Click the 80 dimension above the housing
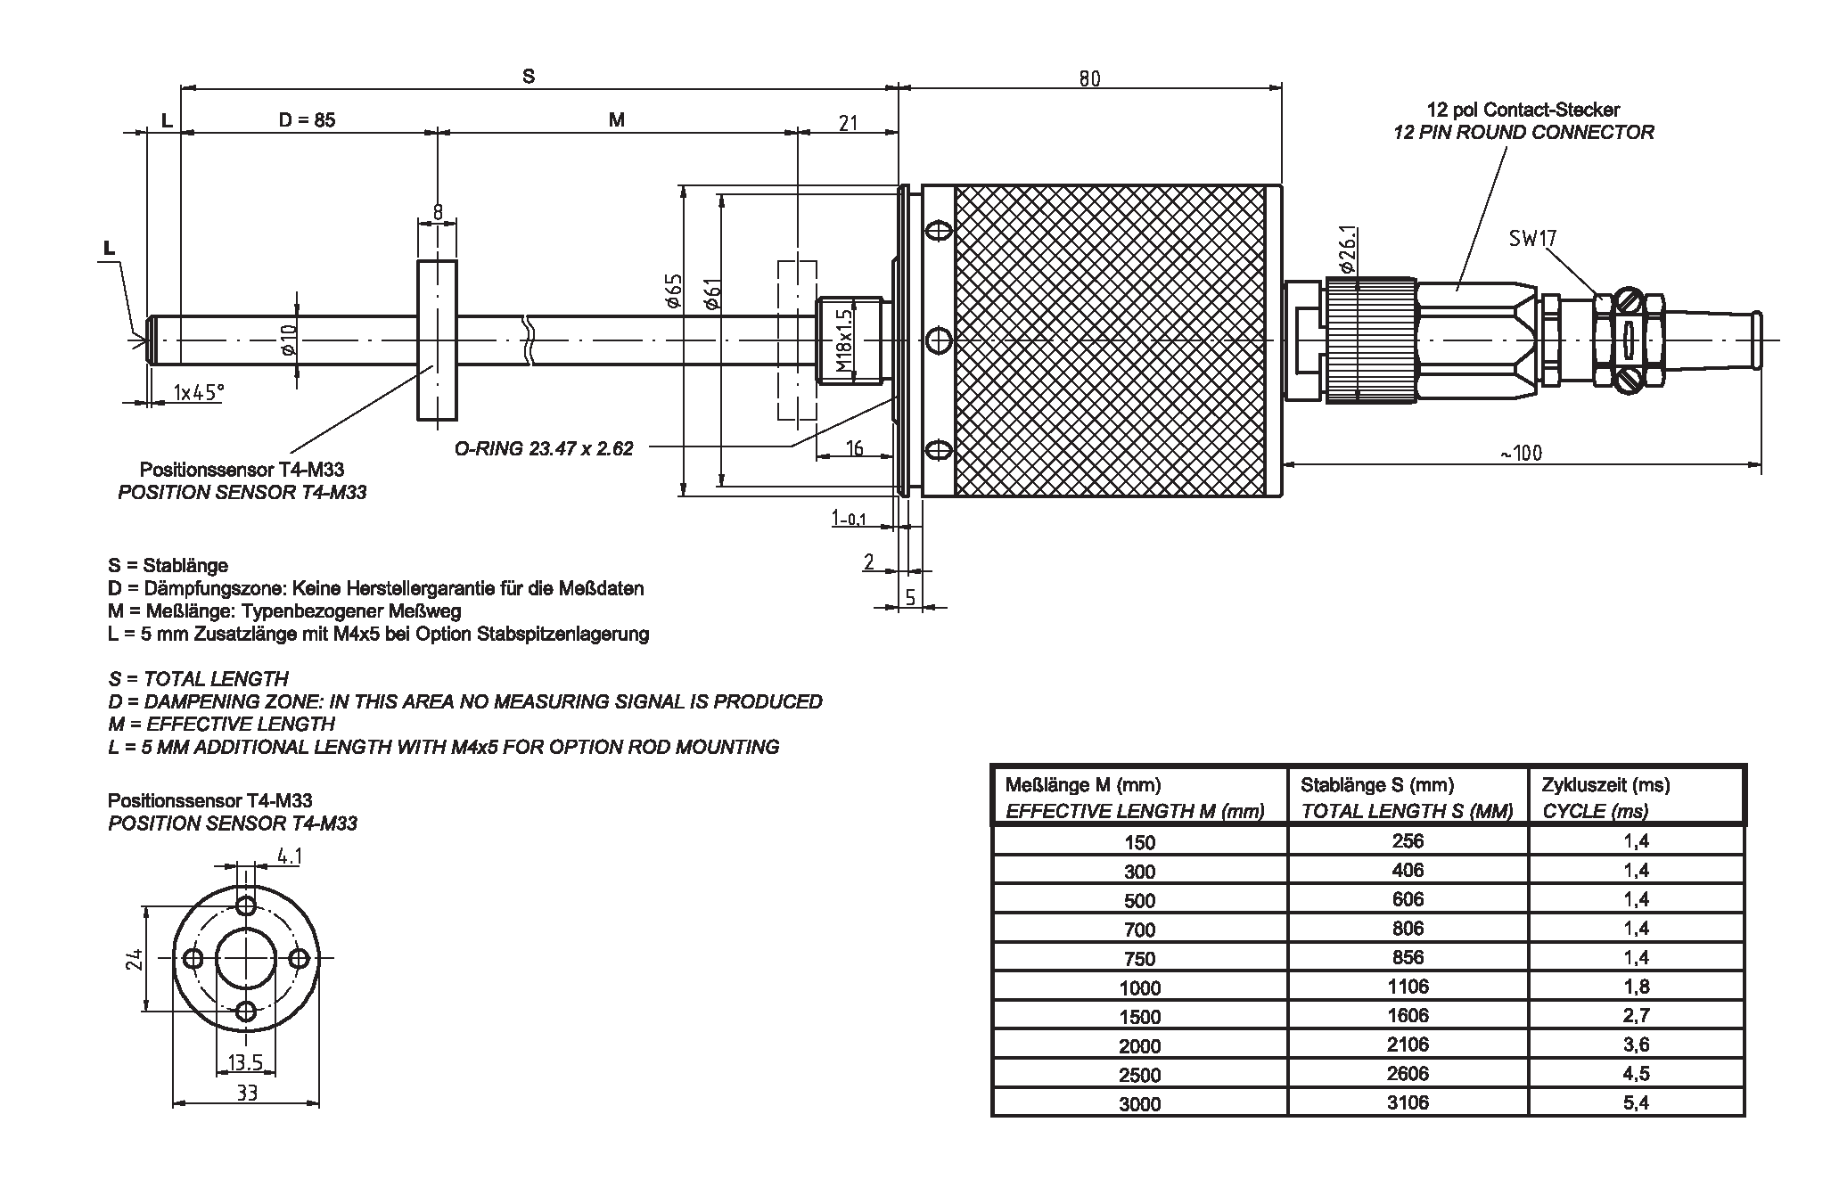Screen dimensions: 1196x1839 [x=1089, y=78]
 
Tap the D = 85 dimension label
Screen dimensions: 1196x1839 [x=307, y=119]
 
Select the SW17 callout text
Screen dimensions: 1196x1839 [x=1532, y=238]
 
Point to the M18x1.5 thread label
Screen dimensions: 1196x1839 [x=844, y=341]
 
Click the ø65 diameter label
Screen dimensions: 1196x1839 [x=674, y=291]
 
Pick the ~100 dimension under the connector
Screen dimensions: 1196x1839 [x=1520, y=453]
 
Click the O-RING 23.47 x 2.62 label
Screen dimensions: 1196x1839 [x=544, y=448]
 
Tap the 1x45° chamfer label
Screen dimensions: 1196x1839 [x=198, y=392]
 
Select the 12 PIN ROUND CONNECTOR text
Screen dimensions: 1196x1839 [x=1523, y=133]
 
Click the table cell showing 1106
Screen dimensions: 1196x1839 [x=1408, y=986]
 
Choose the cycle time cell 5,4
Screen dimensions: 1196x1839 [x=1636, y=1102]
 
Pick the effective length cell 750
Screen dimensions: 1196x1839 [x=1139, y=958]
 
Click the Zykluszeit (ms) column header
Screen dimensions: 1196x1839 [x=1605, y=785]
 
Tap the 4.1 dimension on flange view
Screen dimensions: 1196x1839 [x=290, y=856]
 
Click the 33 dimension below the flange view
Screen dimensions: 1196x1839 [x=247, y=1092]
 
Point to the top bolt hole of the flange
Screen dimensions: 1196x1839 [x=247, y=905]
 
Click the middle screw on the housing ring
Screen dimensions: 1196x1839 [x=937, y=340]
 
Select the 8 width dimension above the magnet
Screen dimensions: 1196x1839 [x=438, y=211]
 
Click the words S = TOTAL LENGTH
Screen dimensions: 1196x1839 [x=198, y=679]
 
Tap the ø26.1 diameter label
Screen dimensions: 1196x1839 [x=1347, y=250]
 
